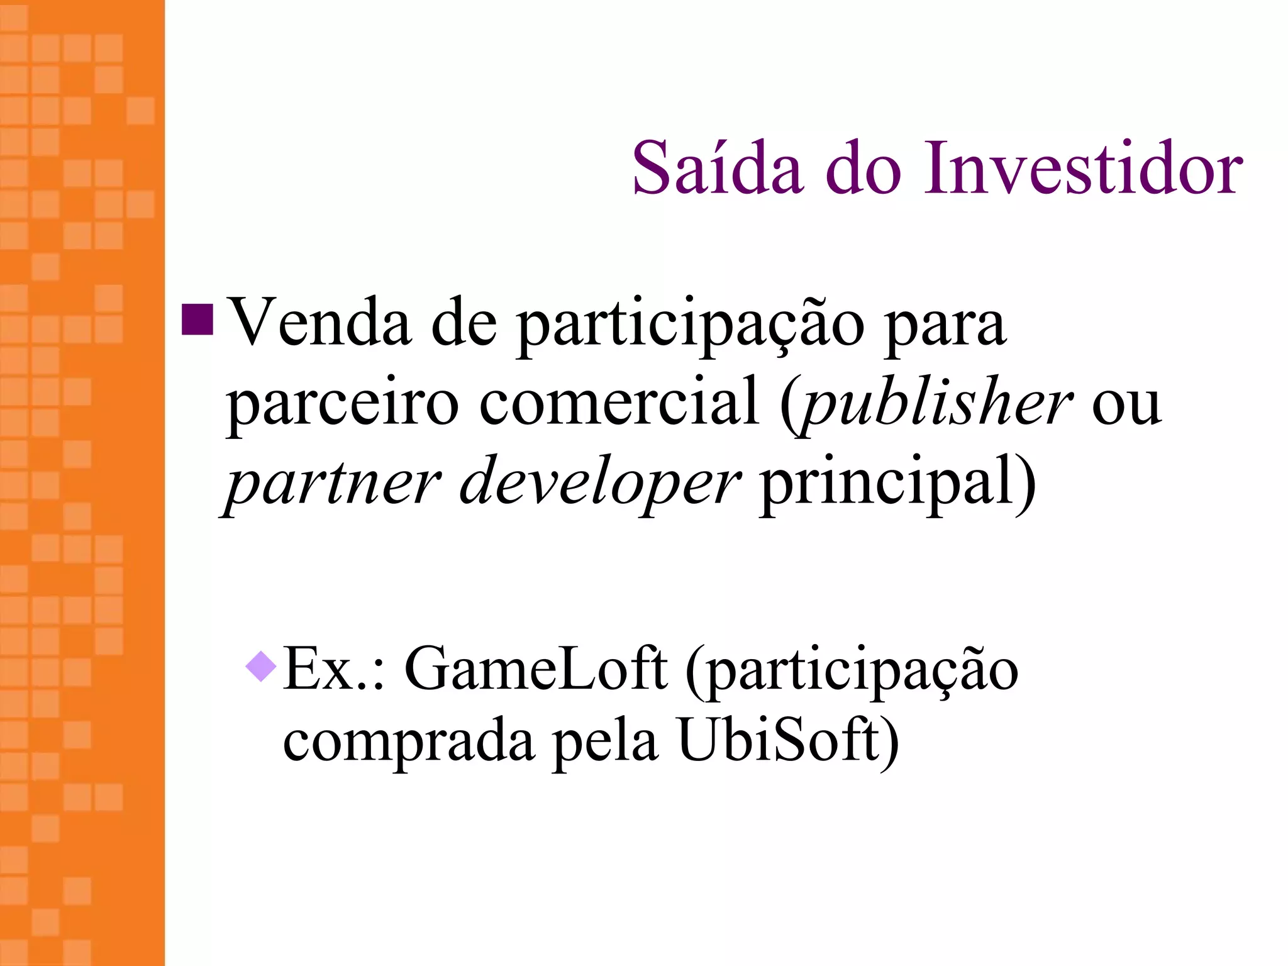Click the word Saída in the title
click(x=718, y=168)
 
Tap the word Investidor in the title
click(x=1083, y=168)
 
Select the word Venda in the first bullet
click(x=318, y=323)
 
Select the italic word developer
click(x=600, y=483)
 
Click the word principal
click(x=891, y=483)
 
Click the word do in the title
click(x=863, y=168)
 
